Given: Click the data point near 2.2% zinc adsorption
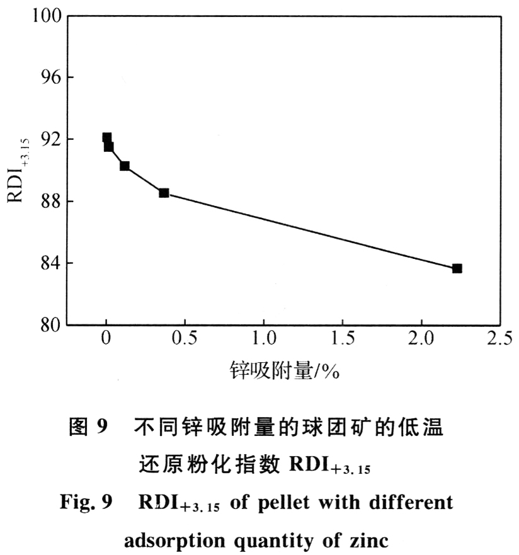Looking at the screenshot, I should point(457,268).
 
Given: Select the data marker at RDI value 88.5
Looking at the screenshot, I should point(164,193).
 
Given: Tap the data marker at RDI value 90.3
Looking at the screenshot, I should point(125,166).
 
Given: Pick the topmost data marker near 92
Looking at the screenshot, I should point(107,137).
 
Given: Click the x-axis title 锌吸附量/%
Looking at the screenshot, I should point(285,372).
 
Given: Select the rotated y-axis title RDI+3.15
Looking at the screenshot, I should point(17,170).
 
